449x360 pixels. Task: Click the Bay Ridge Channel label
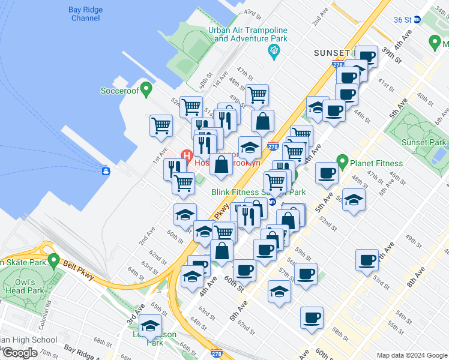point(86,14)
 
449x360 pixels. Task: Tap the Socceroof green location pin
point(145,88)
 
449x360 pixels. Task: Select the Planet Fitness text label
point(377,163)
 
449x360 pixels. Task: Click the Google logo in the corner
point(19,353)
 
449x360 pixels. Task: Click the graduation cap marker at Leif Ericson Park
point(149,328)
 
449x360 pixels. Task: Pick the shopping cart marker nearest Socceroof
point(161,125)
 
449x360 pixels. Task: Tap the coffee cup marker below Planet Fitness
point(327,173)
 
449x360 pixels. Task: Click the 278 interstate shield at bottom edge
point(216,355)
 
